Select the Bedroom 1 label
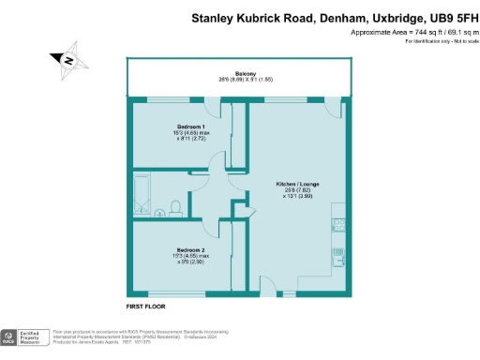tap(191, 126)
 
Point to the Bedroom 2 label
tap(190, 249)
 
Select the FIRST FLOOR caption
tap(147, 307)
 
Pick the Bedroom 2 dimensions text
tap(190, 259)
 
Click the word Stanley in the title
tap(214, 17)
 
